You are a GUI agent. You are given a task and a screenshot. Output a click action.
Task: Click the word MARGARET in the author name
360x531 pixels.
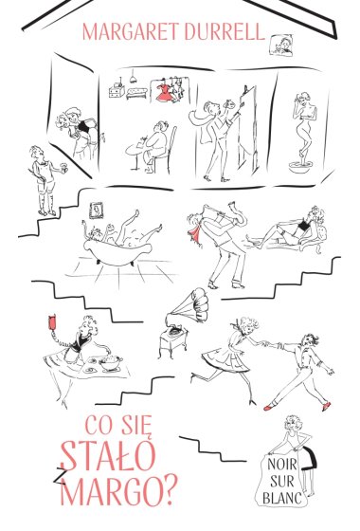point(130,32)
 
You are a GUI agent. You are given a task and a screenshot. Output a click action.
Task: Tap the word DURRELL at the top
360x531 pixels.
point(224,32)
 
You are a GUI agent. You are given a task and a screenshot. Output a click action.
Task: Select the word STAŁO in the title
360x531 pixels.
point(108,456)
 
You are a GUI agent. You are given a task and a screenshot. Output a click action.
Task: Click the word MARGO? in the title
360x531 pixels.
point(118,491)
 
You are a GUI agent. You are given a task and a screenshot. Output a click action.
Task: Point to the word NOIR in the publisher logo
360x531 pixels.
point(282,465)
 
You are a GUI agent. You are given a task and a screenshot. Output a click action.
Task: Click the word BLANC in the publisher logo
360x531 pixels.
point(282,498)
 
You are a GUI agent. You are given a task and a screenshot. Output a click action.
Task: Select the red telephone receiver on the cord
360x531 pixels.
point(52,322)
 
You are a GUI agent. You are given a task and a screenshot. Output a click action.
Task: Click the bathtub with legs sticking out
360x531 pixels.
point(117,252)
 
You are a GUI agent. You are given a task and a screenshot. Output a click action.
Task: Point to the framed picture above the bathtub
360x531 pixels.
point(97,211)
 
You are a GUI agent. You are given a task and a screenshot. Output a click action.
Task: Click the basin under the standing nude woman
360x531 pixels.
point(301,167)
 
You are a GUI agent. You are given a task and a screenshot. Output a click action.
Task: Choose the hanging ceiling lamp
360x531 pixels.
point(133,78)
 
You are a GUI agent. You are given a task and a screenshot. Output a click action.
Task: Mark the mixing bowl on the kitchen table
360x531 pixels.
point(110,363)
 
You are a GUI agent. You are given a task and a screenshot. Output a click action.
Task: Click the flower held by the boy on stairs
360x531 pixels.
point(63,166)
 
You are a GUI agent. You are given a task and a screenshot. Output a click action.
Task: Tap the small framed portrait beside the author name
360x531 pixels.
point(281,45)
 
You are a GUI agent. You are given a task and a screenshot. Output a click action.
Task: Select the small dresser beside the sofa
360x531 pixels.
point(117,91)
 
